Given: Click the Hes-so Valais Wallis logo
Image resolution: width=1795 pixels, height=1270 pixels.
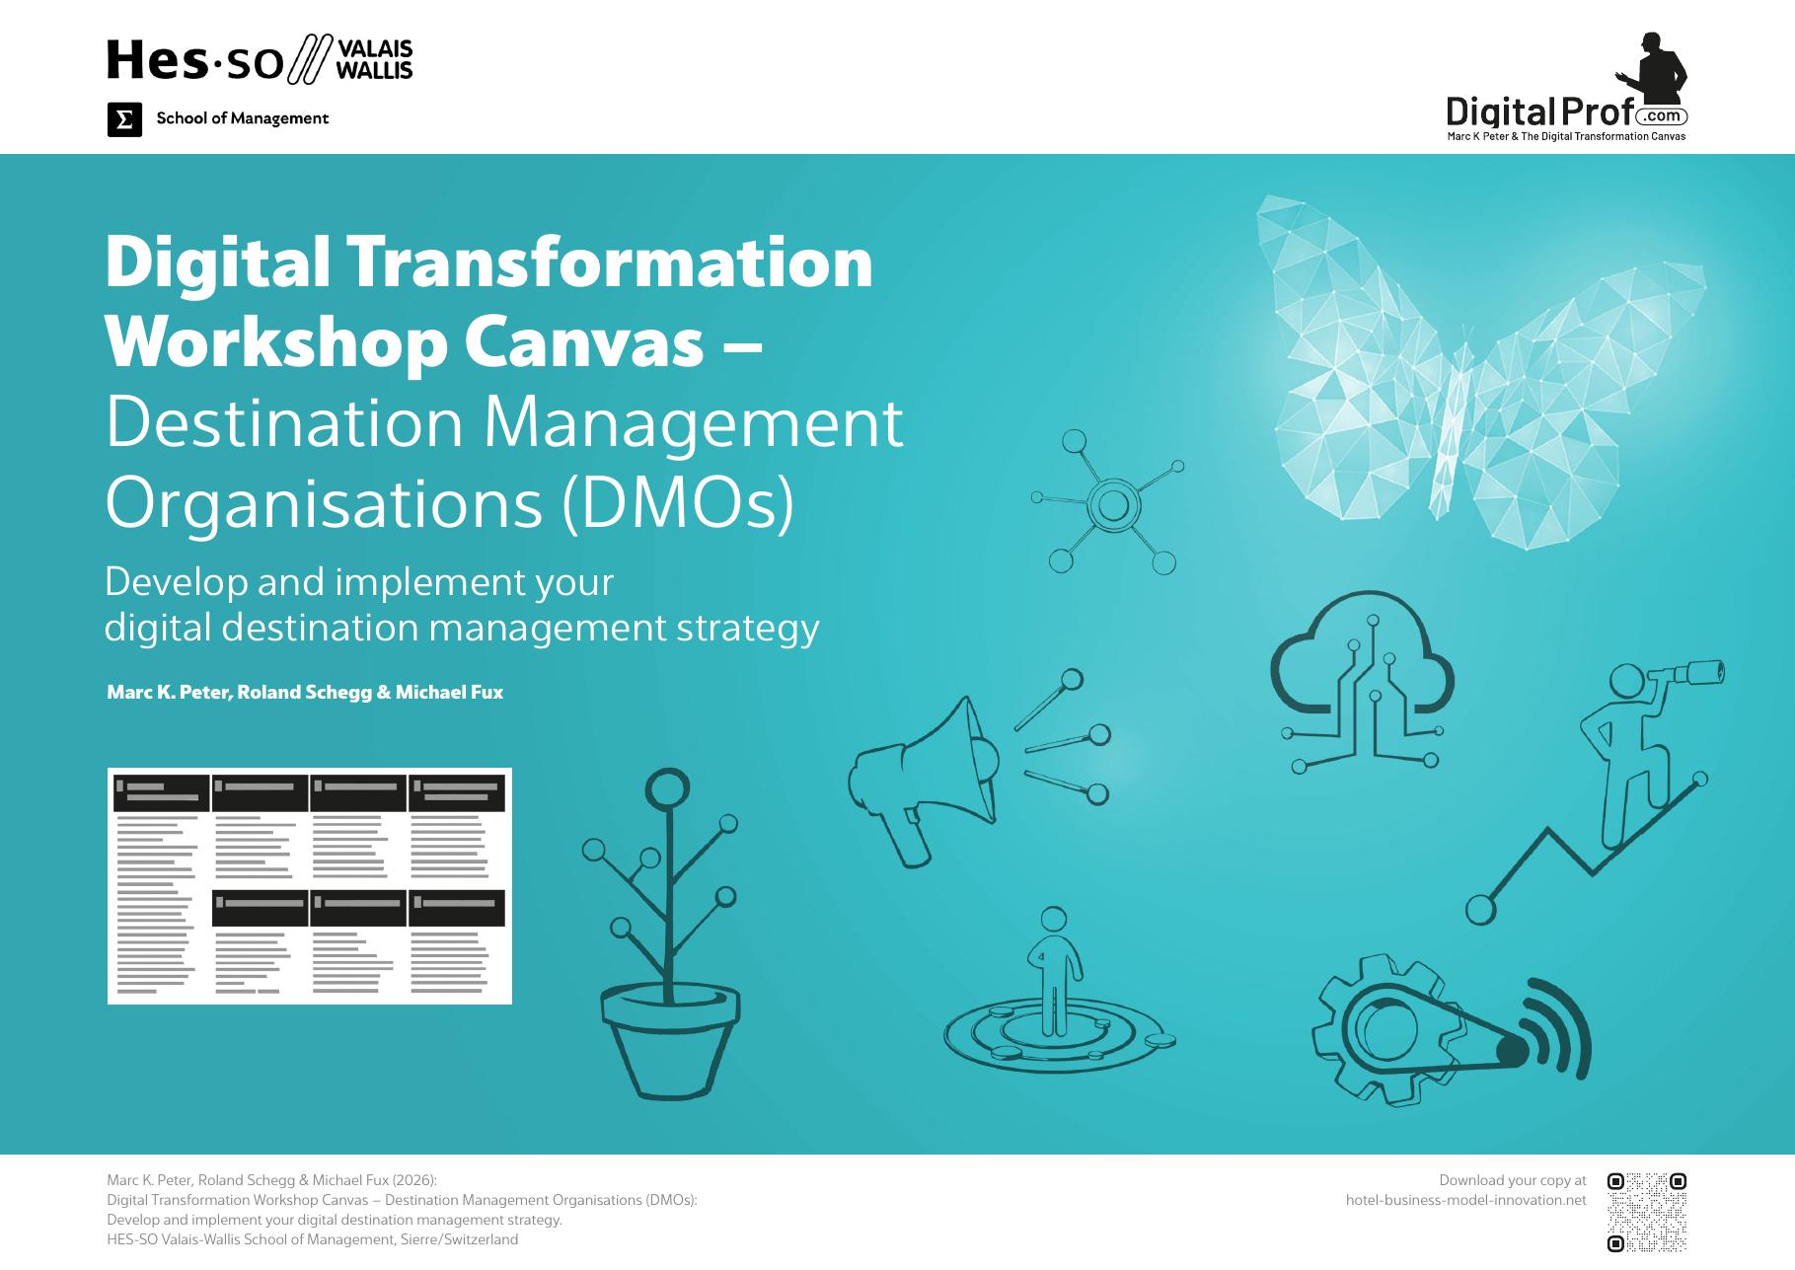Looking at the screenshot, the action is tap(260, 60).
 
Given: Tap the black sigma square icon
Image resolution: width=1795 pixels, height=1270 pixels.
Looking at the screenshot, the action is tap(124, 119).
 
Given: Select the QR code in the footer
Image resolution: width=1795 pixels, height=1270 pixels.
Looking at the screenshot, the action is tap(1646, 1212).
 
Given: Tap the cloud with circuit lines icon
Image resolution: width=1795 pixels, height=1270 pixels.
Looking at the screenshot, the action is tap(1362, 681).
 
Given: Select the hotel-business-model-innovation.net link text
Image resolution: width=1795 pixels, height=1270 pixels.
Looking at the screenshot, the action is tap(1466, 1200).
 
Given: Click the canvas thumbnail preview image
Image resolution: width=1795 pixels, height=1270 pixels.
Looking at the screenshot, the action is tap(310, 886).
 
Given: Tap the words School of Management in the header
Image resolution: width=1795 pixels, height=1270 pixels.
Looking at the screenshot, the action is tap(243, 118).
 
